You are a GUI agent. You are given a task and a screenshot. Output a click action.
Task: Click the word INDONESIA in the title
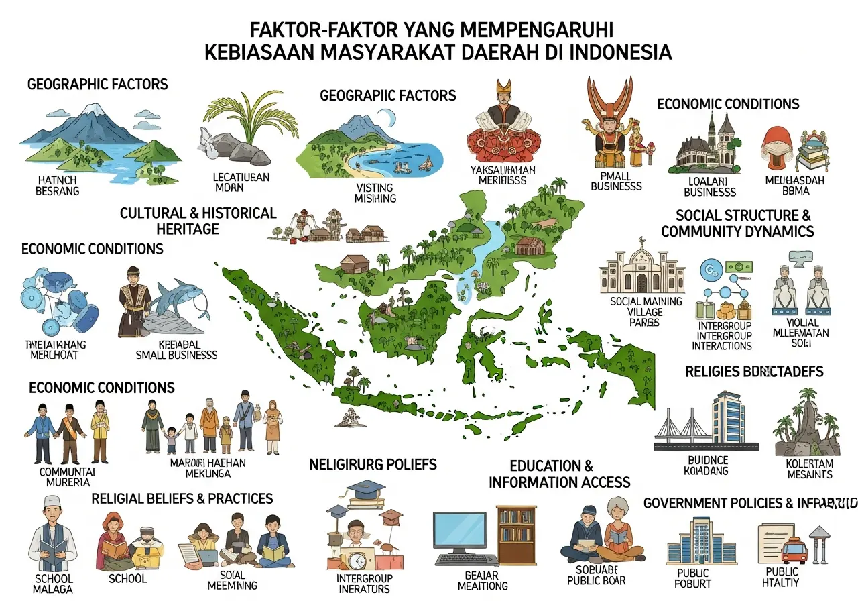(x=614, y=52)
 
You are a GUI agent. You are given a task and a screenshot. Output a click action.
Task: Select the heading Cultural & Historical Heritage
(x=198, y=221)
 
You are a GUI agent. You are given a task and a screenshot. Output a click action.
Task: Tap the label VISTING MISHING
(x=375, y=193)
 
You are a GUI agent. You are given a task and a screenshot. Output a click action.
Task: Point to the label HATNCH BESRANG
(x=59, y=186)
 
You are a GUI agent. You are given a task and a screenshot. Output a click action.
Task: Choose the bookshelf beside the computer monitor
(x=516, y=534)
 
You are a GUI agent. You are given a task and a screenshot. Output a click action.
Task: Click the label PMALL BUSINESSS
(x=616, y=181)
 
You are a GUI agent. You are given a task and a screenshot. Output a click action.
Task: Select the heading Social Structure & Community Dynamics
(x=737, y=223)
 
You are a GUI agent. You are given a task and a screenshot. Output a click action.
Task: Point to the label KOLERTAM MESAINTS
(x=809, y=469)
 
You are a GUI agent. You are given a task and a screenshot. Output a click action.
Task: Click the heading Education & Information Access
(x=559, y=474)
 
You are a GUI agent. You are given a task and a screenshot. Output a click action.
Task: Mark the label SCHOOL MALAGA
(x=52, y=584)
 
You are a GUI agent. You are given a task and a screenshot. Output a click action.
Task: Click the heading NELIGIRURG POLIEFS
(x=373, y=464)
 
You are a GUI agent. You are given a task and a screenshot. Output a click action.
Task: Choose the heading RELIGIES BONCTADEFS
(x=754, y=371)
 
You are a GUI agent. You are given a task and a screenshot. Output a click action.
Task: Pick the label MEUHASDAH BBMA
(x=795, y=186)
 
